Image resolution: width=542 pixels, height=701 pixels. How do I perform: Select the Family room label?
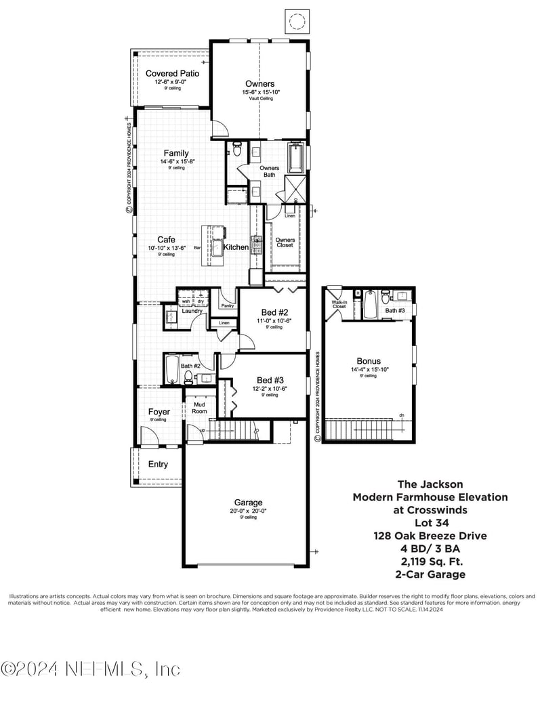coord(175,153)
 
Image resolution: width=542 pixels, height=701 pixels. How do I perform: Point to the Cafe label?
coord(167,240)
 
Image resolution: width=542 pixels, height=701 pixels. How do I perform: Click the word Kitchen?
coord(236,247)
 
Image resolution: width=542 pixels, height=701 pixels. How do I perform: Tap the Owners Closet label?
coord(285,242)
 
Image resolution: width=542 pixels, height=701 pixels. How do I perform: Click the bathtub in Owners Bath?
coord(296,158)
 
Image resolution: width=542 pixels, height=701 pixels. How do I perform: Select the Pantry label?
coord(227,306)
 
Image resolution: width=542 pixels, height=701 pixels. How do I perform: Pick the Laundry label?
coord(193,312)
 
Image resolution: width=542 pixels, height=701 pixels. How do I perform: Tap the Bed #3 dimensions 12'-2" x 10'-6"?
coord(270,388)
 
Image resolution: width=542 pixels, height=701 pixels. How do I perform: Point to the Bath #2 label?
coord(190,366)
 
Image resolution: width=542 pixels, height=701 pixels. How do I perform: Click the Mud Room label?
coord(199,407)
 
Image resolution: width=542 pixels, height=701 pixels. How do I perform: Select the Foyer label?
coord(159,412)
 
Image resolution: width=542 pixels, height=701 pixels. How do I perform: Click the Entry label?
coord(158,465)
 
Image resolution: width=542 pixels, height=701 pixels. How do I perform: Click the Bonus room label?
coord(369,361)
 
